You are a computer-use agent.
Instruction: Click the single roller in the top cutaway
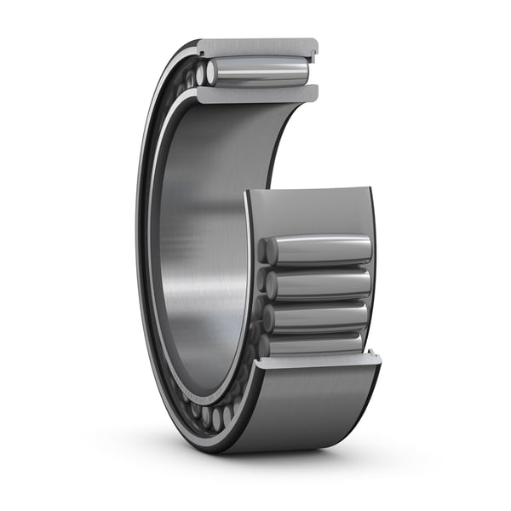[x=260, y=72]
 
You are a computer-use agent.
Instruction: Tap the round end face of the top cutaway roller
[x=211, y=73]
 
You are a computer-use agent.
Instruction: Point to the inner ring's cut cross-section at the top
[x=255, y=94]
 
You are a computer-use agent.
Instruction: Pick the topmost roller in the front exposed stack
[x=319, y=250]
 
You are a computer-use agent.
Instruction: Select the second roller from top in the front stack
[x=319, y=284]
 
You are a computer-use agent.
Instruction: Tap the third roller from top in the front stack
[x=319, y=316]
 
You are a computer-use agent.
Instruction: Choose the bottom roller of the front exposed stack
[x=315, y=342]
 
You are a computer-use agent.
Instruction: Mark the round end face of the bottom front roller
[x=266, y=344]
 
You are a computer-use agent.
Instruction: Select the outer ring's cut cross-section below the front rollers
[x=315, y=361]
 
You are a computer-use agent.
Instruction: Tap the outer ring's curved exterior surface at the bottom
[x=298, y=409]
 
